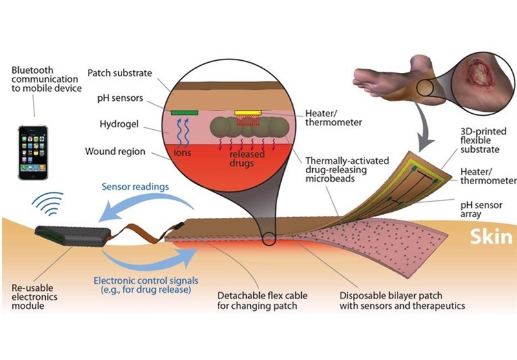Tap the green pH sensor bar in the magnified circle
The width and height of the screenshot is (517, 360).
(184, 112)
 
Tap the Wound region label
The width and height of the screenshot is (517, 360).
(115, 152)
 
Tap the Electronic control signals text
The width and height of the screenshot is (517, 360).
(144, 285)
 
